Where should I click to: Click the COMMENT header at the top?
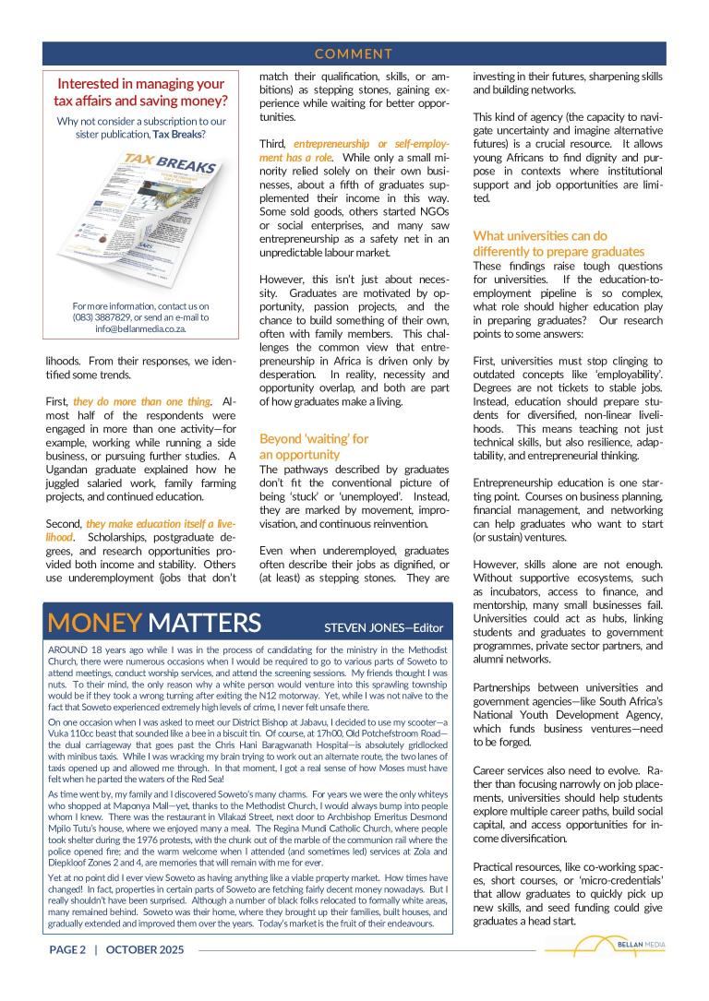pyautogui.click(x=354, y=54)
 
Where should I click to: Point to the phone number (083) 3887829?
pyautogui.click(x=96, y=316)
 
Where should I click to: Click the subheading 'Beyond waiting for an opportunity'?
pyautogui.click(x=314, y=447)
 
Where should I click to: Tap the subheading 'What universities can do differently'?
pyautogui.click(x=559, y=244)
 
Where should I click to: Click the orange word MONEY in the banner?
pyautogui.click(x=93, y=623)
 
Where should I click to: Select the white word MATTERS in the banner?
pyautogui.click(x=204, y=623)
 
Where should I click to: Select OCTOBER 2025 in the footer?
pyautogui.click(x=145, y=949)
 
